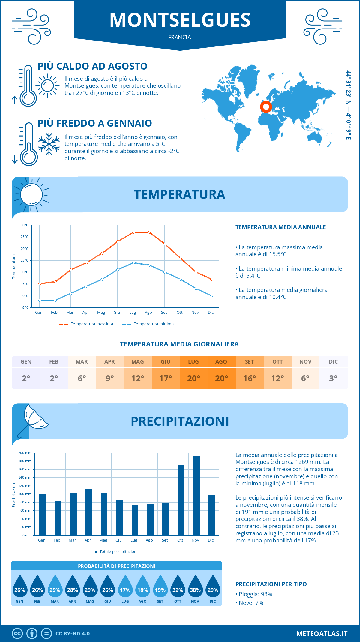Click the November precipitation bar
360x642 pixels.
click(196, 496)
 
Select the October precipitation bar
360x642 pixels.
click(181, 500)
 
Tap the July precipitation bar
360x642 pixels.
click(135, 520)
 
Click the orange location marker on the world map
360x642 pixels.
click(266, 106)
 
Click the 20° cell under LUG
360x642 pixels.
click(193, 378)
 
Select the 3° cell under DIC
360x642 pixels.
click(333, 378)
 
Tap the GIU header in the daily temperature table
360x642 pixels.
click(166, 362)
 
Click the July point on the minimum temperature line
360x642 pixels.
click(133, 263)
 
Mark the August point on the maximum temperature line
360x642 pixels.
click(149, 232)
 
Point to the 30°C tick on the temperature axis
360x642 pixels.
click(25, 225)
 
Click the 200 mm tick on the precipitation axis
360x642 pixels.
click(25, 453)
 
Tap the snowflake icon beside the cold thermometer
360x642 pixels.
click(49, 144)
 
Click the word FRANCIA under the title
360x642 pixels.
click(180, 37)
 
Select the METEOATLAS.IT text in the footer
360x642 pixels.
click(322, 633)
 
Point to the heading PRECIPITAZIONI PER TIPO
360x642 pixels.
click(271, 584)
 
